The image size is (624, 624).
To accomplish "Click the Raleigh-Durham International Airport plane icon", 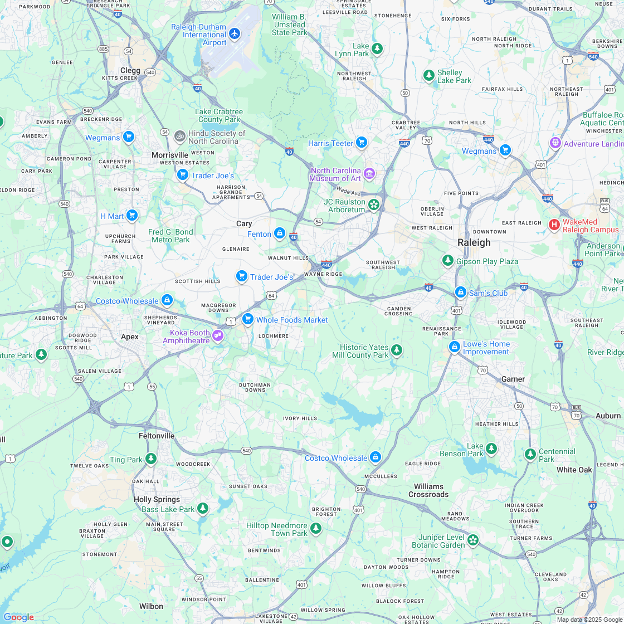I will pos(235,34).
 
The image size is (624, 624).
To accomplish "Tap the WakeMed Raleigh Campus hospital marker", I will pos(554,225).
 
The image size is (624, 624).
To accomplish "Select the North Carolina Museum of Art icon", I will pos(369,174).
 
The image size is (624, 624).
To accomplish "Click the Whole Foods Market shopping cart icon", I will pos(248,319).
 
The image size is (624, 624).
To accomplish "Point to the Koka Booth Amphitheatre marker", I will pos(218,336).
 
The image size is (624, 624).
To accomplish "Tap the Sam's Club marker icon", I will pos(460,292).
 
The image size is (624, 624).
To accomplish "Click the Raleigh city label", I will pos(474,242).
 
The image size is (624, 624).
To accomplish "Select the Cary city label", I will pos(244,223).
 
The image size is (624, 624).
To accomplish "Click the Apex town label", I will pos(130,337).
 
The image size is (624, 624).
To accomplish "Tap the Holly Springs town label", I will pos(157,499).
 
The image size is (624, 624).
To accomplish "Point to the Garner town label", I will pos(513,379).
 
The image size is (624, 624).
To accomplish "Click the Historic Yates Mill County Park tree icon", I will pos(396,350).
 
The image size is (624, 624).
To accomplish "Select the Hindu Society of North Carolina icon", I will pos(179,135).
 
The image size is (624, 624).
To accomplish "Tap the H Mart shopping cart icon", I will pos(131,215).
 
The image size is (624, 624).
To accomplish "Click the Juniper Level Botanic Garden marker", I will pos(472,540).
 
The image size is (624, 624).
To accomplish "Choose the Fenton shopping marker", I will pos(280,233).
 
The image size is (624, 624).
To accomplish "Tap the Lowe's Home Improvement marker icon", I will pos(454,347).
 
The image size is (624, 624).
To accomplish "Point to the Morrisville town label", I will pos(170,155).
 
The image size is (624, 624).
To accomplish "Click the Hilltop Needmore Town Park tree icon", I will pos(316,528).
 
